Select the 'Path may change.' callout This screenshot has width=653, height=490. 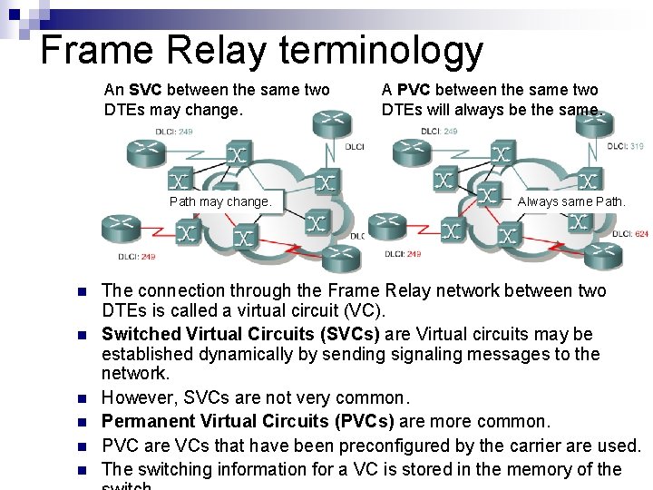click(219, 201)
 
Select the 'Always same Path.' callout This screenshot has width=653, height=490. click(570, 201)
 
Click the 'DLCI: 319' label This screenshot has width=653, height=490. click(625, 145)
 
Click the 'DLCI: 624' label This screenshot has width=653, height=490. click(629, 233)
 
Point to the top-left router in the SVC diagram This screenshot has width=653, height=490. click(148, 151)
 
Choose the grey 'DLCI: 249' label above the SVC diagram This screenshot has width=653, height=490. click(173, 132)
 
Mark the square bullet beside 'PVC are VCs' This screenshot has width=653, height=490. click(81, 446)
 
